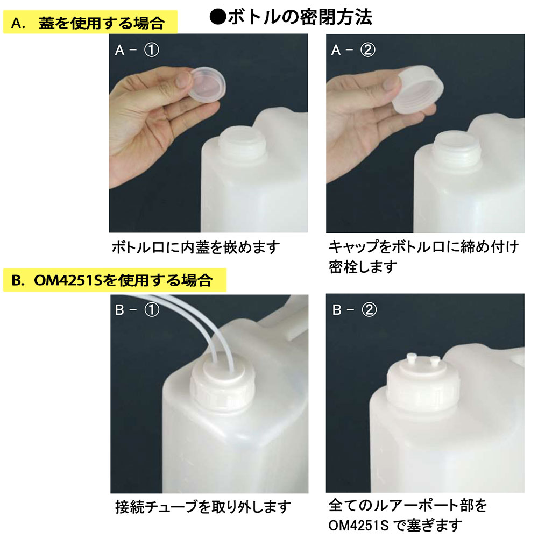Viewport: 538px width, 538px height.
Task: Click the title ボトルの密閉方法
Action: tap(300, 17)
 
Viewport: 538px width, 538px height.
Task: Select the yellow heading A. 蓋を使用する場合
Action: tap(90, 22)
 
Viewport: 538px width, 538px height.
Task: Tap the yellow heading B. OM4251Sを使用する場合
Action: tap(115, 280)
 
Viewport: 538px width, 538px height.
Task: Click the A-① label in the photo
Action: tap(137, 50)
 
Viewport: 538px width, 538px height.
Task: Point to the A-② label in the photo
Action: tap(353, 50)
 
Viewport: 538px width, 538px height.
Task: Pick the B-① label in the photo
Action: tap(137, 310)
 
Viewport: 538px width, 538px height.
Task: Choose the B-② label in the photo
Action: tap(355, 310)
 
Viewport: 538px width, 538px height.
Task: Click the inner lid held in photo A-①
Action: tap(207, 84)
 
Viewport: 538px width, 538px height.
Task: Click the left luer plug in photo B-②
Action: tap(411, 359)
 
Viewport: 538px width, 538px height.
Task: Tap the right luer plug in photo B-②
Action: tap(435, 362)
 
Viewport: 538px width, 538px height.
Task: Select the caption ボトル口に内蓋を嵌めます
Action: tap(196, 247)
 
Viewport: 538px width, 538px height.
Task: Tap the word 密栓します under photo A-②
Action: tap(363, 267)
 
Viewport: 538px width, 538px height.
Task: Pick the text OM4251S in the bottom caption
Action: tap(358, 525)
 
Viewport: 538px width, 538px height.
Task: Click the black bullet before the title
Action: tap(217, 17)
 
